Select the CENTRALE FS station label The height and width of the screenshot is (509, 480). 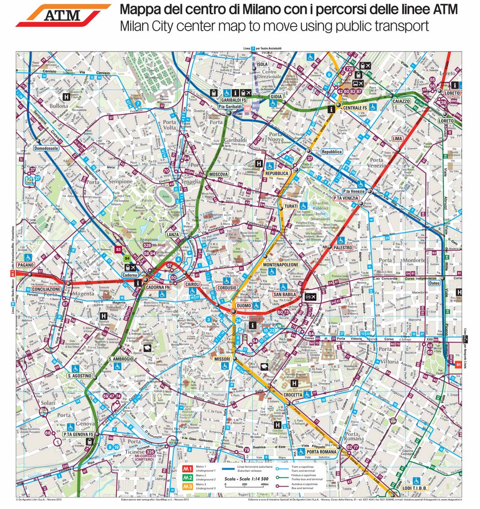click(355, 108)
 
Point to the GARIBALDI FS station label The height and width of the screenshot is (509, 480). click(234, 100)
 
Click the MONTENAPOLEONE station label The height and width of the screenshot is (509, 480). click(281, 265)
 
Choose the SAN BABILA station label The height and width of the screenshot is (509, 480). click(286, 295)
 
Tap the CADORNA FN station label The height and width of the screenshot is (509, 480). click(158, 287)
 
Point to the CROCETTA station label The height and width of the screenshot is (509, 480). click(293, 395)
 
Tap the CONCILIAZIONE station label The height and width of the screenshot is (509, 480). click(46, 289)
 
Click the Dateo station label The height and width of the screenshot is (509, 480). click(434, 283)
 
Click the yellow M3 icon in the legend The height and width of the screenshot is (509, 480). click(187, 487)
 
